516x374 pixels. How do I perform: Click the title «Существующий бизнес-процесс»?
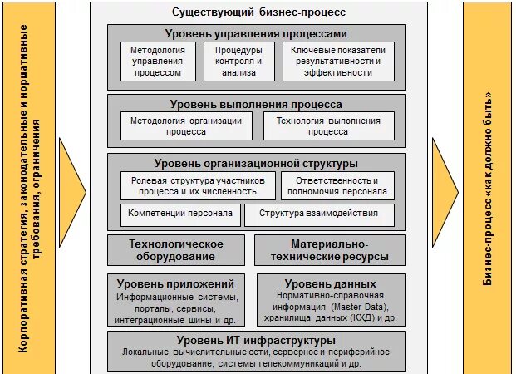point(258,13)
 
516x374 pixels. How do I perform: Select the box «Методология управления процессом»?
point(158,62)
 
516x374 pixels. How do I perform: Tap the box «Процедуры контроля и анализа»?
point(238,62)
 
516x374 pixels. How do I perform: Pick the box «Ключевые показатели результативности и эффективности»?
point(338,62)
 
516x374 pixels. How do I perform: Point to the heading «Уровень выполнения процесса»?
point(256,105)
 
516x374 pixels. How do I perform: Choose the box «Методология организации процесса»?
point(186,125)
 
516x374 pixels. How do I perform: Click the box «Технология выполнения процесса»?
point(328,125)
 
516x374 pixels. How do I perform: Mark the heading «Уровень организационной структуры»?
point(256,164)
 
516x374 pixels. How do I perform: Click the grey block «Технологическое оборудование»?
point(176,250)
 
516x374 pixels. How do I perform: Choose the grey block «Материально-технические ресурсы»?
point(329,250)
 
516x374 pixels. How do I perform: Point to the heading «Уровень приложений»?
point(180,283)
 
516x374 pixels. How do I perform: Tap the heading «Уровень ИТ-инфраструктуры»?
point(256,340)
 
